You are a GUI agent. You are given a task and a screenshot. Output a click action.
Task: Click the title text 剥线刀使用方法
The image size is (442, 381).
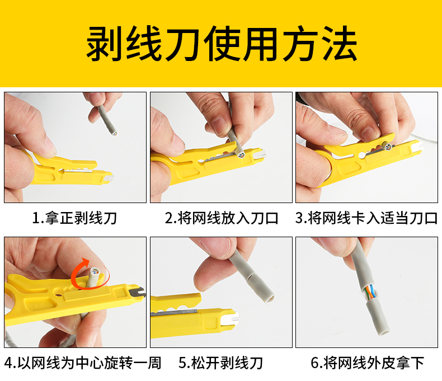point(221,44)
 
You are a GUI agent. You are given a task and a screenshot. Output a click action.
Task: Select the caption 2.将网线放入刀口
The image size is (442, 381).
point(221,218)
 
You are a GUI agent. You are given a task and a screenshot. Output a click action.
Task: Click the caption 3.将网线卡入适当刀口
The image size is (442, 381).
point(366,218)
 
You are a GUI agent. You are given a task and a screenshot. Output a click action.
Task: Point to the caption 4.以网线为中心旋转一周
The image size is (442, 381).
point(82,363)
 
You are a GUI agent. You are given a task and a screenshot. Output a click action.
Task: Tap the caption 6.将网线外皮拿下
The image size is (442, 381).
point(366,363)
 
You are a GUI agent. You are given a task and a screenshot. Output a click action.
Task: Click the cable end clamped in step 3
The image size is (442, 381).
point(388,147)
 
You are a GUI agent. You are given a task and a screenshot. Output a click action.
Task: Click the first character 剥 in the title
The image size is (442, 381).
point(104,44)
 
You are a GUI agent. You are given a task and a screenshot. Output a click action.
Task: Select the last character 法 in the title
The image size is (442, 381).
point(338,44)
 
